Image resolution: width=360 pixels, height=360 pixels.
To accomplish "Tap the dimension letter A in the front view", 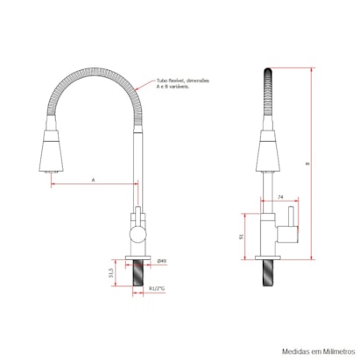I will point(94,179).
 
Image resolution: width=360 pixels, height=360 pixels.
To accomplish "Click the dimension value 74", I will point(279,198).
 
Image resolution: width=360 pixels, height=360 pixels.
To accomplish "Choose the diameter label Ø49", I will point(163,261).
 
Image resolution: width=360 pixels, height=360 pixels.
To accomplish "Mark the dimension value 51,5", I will point(110,273).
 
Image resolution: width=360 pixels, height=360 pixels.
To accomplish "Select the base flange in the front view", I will point(138,258).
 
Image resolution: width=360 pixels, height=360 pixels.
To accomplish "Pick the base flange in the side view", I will point(268,258).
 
